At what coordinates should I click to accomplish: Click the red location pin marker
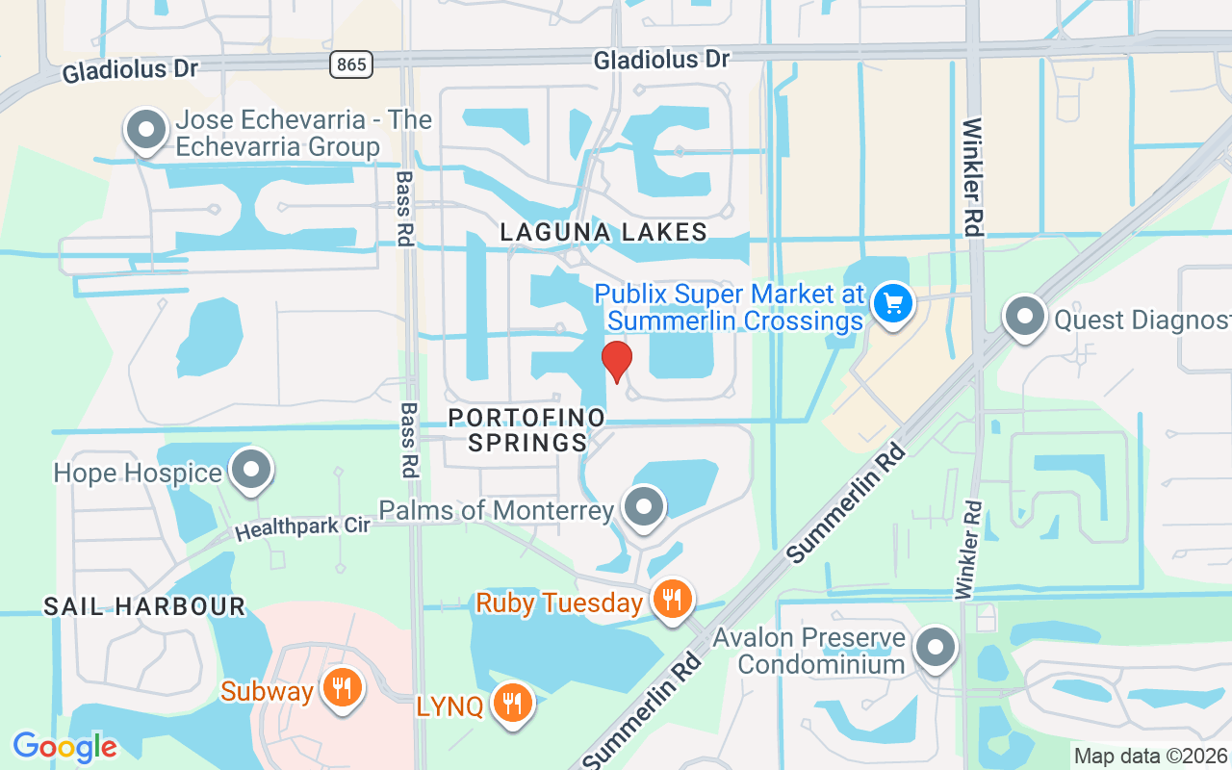[616, 361]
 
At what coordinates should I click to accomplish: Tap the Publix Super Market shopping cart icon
[892, 303]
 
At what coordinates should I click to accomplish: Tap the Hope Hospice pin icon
[252, 471]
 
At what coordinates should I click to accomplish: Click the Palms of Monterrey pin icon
[643, 506]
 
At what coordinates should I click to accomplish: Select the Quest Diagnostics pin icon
[1024, 316]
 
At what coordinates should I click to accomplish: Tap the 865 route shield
[350, 64]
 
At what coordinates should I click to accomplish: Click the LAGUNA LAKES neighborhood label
[603, 232]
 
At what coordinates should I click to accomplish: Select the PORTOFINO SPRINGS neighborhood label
[527, 430]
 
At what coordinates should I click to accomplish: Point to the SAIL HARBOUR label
[144, 606]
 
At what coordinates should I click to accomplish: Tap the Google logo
[64, 746]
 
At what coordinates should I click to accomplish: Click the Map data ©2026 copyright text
[1151, 757]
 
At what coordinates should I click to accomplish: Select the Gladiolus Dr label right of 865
[661, 60]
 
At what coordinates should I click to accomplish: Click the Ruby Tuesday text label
[559, 603]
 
